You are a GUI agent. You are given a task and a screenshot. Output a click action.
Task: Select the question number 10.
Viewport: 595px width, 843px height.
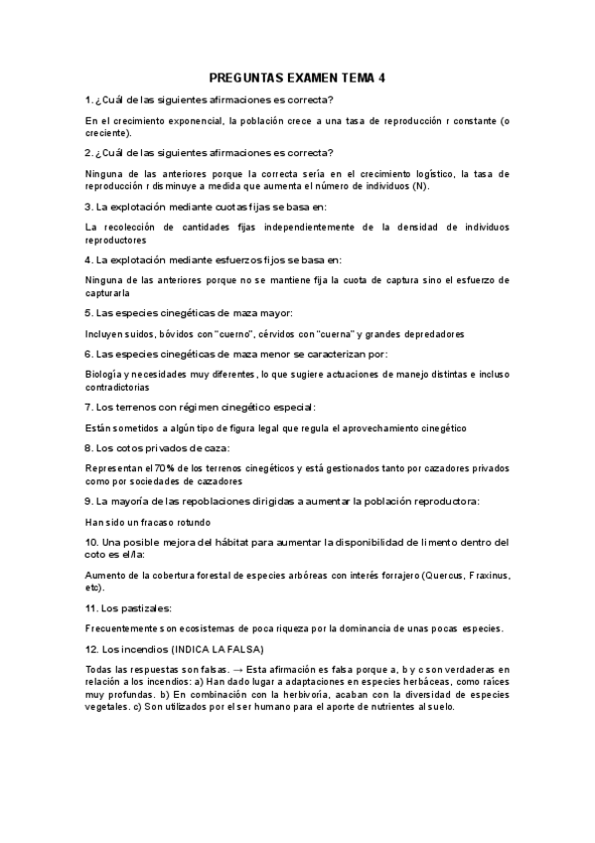point(92,543)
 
